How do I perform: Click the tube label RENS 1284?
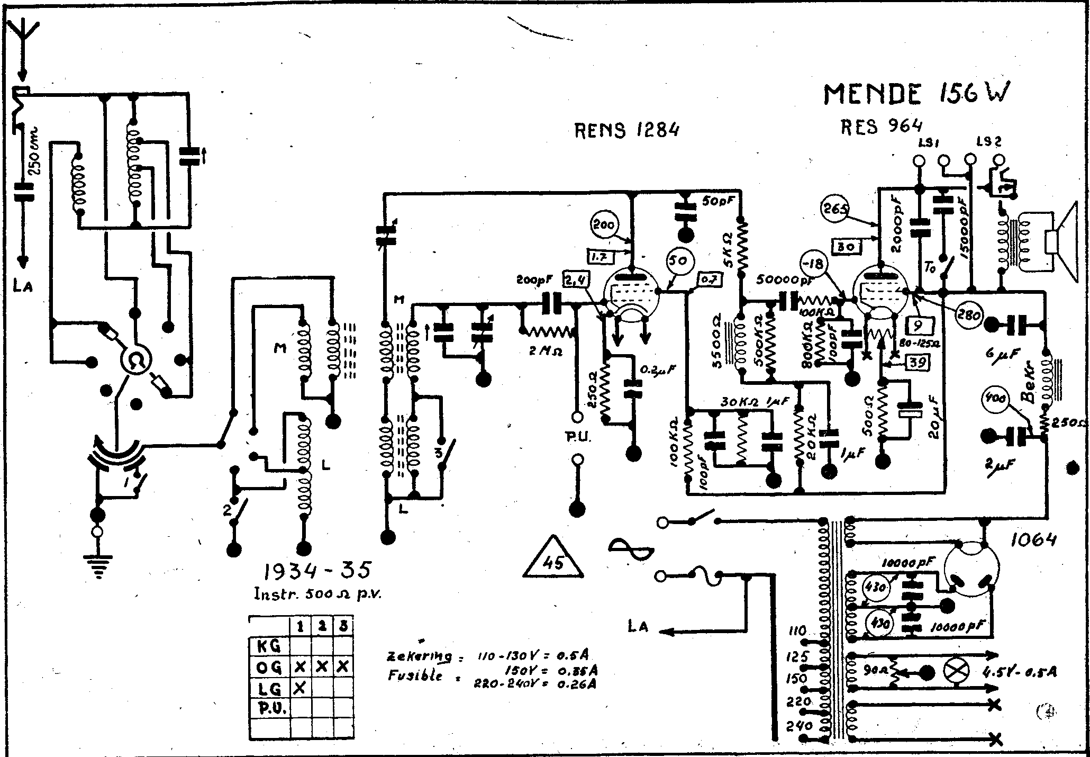click(626, 129)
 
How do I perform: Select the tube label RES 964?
click(881, 126)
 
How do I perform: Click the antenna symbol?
click(22, 40)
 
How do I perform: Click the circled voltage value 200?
click(604, 226)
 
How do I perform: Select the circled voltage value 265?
click(834, 209)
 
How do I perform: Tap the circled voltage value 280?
click(968, 316)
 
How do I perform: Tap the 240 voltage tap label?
click(799, 725)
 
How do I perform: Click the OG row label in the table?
click(269, 668)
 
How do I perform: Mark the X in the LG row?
click(300, 688)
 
